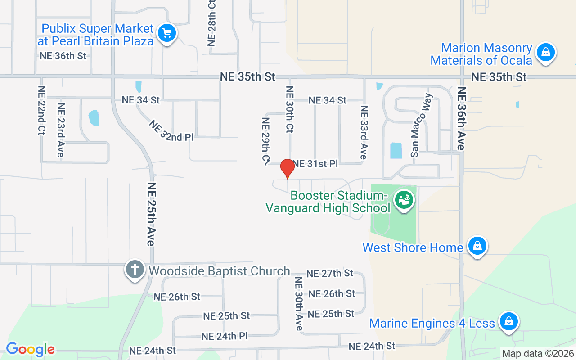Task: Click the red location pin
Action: [x=287, y=168]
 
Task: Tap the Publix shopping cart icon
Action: [x=167, y=33]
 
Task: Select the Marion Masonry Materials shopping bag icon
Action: [x=545, y=52]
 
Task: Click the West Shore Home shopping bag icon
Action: [x=477, y=246]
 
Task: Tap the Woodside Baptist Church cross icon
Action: [x=135, y=269]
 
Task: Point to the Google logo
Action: [x=30, y=349]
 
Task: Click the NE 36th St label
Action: [x=63, y=56]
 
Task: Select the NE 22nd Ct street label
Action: [x=41, y=111]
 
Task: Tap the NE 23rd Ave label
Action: [x=61, y=130]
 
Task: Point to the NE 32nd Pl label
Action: [x=171, y=131]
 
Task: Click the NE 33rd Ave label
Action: [x=364, y=132]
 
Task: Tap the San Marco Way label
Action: [x=421, y=125]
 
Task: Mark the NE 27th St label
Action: [x=330, y=273]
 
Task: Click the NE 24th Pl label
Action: [x=225, y=336]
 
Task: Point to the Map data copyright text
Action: [x=538, y=353]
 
